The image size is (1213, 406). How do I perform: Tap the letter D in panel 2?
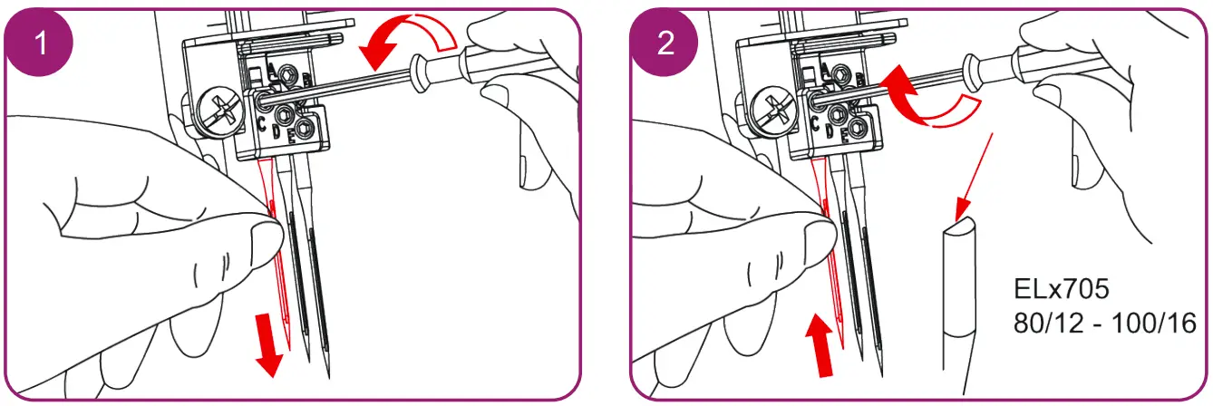point(830,131)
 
